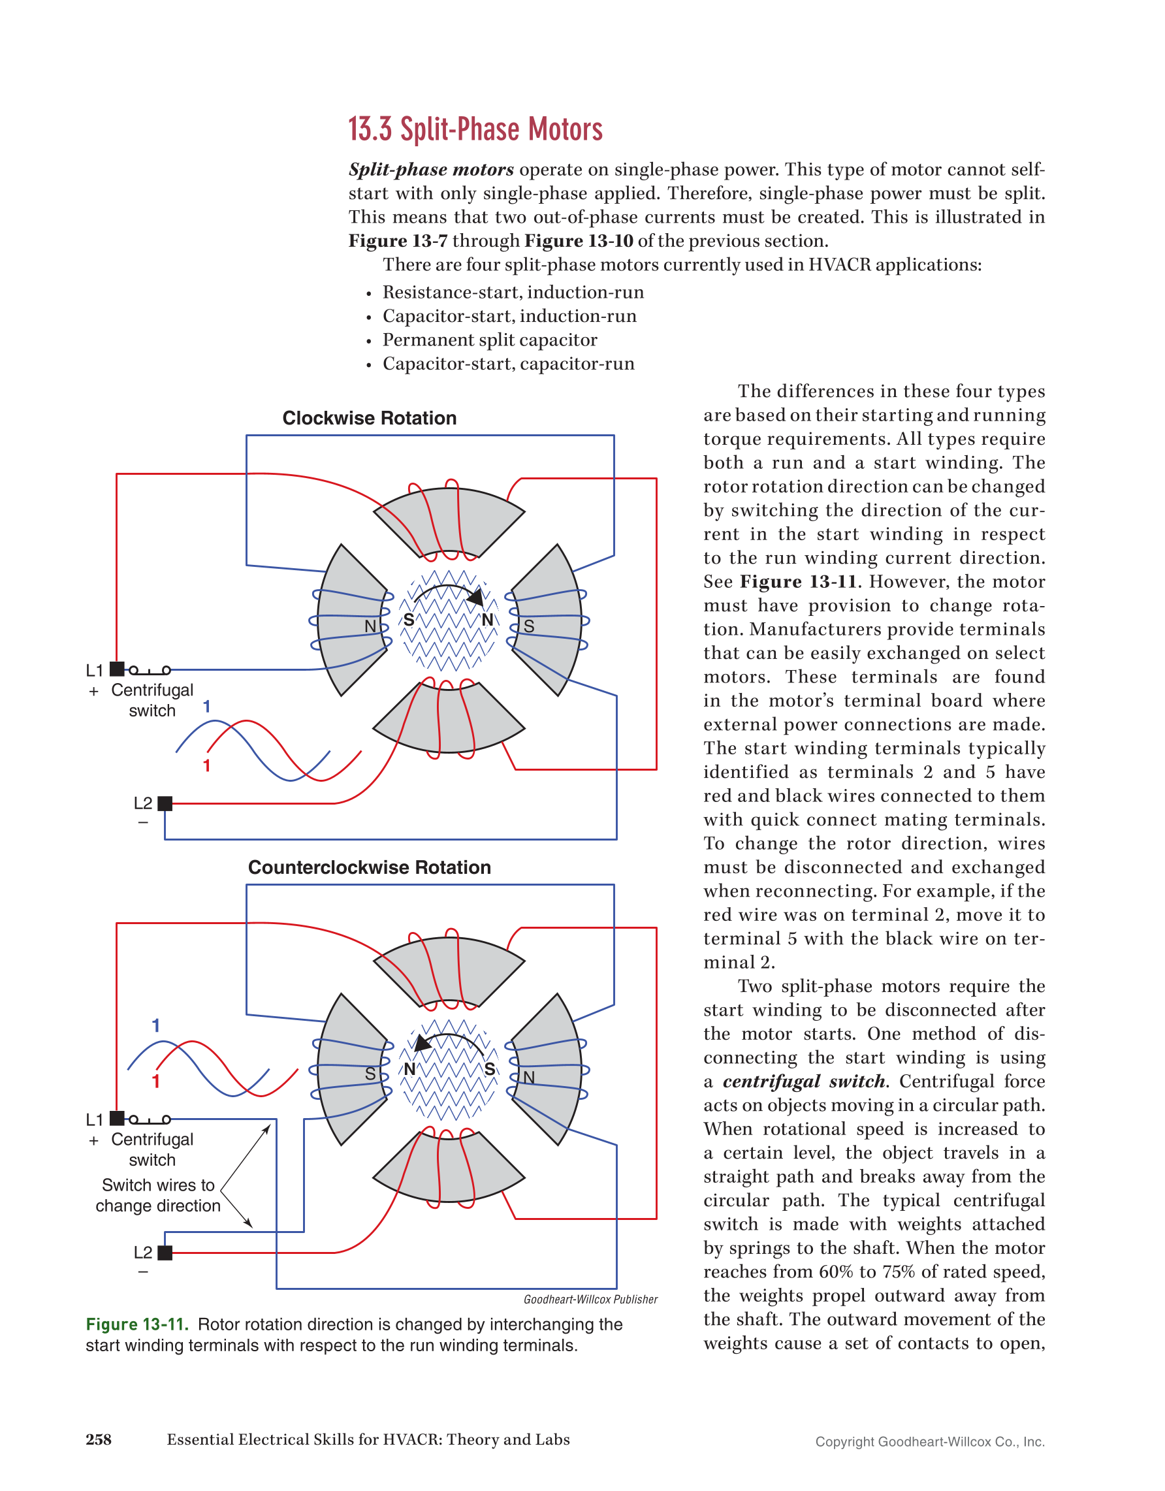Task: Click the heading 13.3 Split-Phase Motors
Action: coord(475,130)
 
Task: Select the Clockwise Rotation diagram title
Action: coord(369,418)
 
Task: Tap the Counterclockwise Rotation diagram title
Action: coord(369,867)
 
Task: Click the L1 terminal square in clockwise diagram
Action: coord(118,669)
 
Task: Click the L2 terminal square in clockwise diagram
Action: coord(165,803)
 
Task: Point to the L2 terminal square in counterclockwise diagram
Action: coord(165,1253)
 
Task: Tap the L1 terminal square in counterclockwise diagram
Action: coord(118,1118)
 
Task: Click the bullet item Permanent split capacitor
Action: coord(489,340)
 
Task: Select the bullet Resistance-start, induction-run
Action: coord(513,292)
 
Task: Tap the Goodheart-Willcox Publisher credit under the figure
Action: coord(590,1299)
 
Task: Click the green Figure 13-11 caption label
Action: coord(137,1324)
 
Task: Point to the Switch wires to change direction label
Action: coord(157,1195)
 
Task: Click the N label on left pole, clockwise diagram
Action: coord(370,626)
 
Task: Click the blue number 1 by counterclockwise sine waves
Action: coord(155,1025)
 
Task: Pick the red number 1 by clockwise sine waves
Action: coord(206,766)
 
